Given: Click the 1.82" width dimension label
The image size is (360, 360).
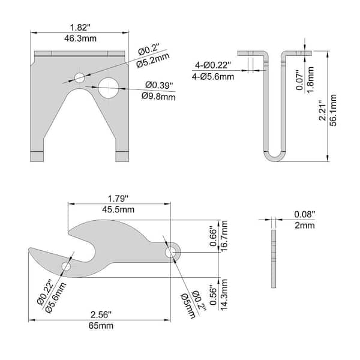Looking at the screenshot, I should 80,27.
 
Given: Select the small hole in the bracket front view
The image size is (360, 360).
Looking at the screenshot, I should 80,77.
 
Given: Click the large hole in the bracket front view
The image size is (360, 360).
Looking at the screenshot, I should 109,88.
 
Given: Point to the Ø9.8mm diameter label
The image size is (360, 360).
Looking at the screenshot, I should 159,96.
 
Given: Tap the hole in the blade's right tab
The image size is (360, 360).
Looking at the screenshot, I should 172,252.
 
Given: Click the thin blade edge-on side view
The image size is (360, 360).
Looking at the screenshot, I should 274,258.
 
